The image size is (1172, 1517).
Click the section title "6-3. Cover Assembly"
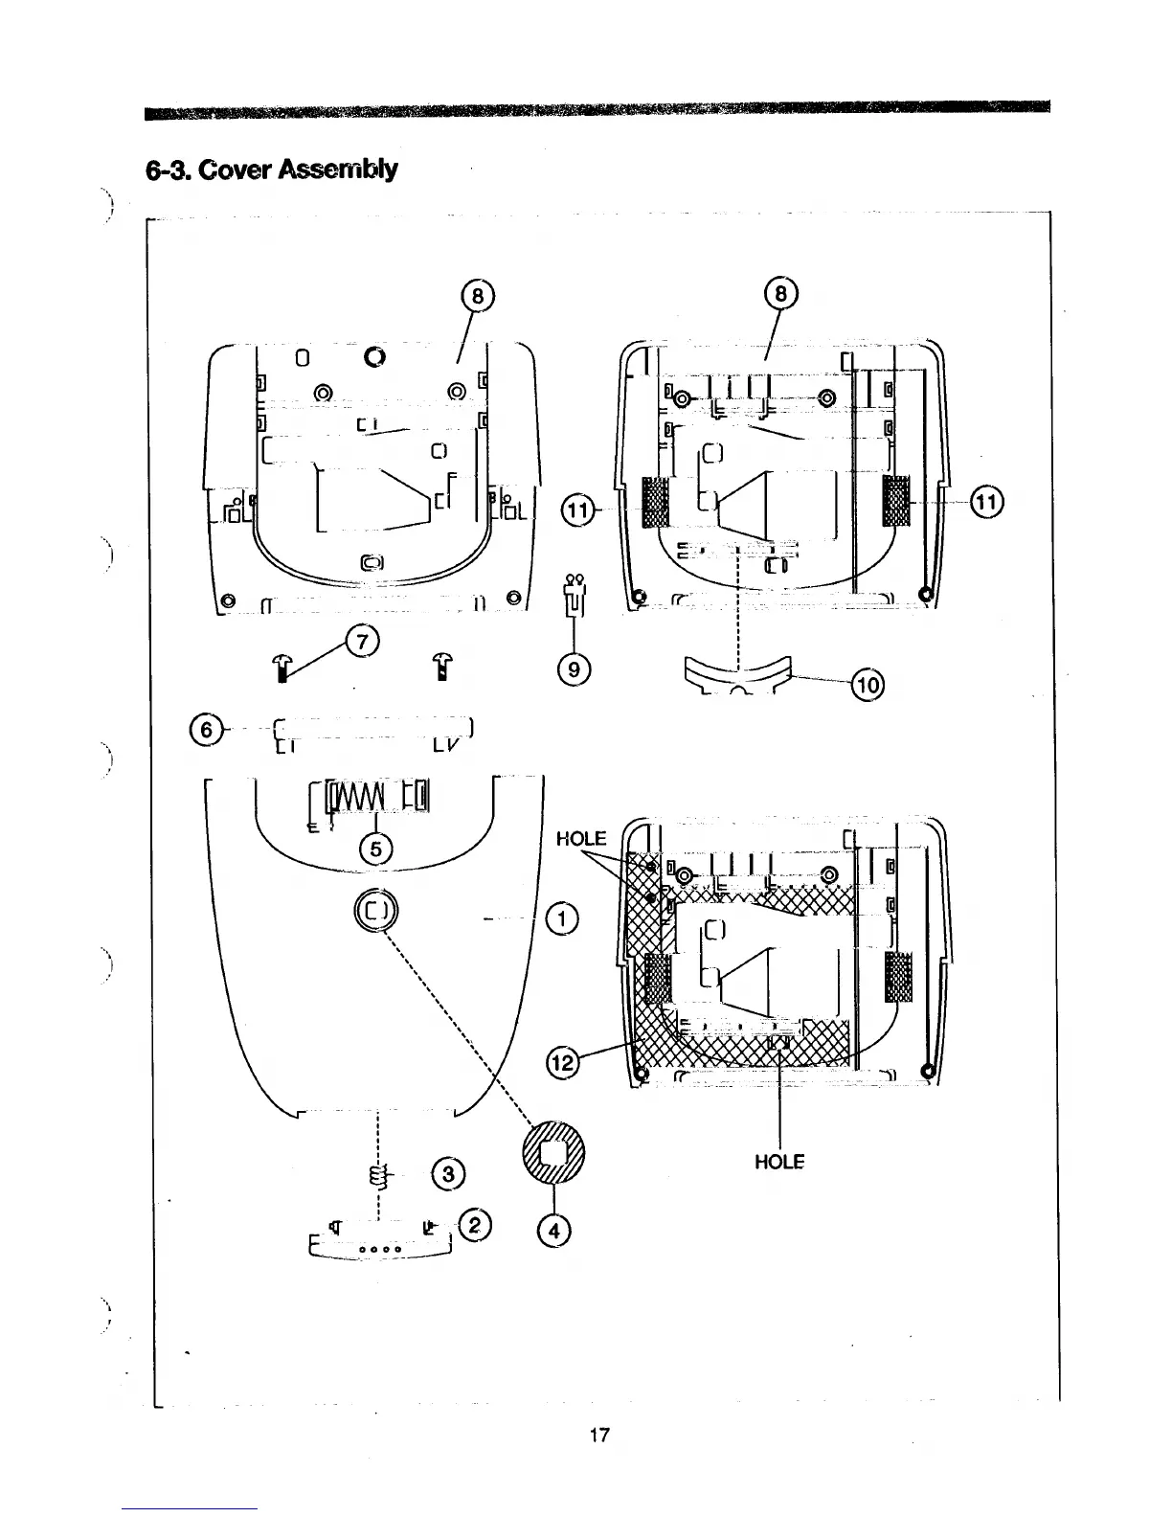tap(272, 170)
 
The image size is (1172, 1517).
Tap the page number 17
tap(599, 1435)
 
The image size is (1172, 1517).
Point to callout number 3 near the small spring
tap(448, 1173)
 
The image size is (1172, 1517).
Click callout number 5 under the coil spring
tap(375, 848)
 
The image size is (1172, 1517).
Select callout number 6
tap(203, 731)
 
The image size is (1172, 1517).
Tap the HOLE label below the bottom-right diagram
tap(779, 1162)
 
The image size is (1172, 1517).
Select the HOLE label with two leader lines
tap(581, 839)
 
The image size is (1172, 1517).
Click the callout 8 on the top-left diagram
tap(477, 299)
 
